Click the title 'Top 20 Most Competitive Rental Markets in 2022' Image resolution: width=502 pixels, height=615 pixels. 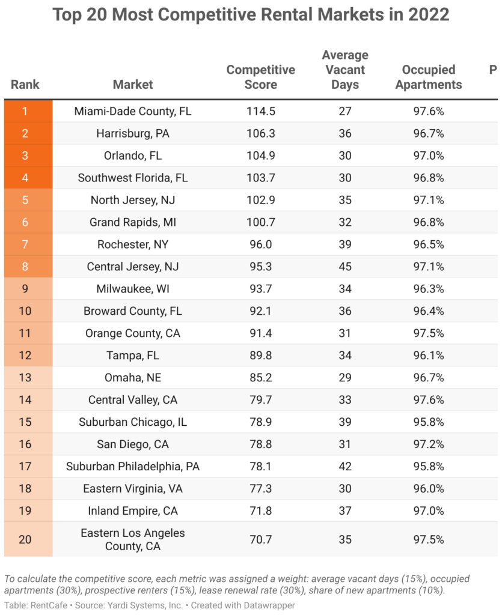tap(251, 14)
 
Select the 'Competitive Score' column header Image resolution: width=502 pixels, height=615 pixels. tap(260, 77)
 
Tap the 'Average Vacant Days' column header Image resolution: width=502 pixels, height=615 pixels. tap(344, 70)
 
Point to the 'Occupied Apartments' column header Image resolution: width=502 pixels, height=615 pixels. tap(429, 77)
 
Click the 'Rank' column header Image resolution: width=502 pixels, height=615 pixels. tap(25, 85)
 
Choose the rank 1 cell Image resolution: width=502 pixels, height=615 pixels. tap(25, 111)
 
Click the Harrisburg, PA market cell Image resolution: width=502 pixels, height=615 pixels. tap(133, 133)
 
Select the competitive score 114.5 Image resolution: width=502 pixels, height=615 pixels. tap(260, 111)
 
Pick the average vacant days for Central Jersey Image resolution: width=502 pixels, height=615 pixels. tap(344, 267)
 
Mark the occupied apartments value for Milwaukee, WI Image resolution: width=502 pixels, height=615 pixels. tap(429, 289)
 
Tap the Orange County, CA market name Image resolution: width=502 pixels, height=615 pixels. tap(133, 333)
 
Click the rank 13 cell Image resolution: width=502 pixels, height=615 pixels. tap(25, 378)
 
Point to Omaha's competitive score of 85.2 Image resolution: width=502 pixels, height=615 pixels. tap(260, 378)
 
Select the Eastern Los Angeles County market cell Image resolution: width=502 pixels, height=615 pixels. tap(133, 539)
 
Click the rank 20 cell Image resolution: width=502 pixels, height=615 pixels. tap(25, 539)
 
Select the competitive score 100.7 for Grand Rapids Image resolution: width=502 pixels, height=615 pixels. tap(260, 222)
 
